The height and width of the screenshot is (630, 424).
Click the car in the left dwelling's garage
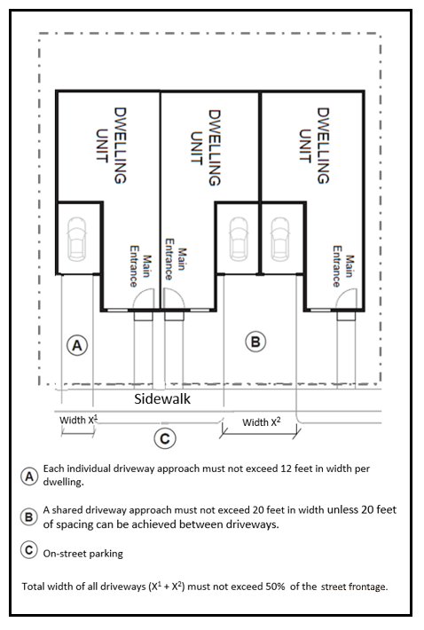pos(76,240)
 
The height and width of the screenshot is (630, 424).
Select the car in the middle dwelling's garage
pos(239,240)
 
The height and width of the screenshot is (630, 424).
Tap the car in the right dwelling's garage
pos(279,240)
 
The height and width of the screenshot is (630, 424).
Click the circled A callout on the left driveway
pos(77,345)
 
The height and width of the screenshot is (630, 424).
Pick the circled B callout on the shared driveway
pos(255,342)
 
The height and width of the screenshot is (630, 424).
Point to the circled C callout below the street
pos(165,438)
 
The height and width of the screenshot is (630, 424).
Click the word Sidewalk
pos(162,398)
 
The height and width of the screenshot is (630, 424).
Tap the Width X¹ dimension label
pos(79,420)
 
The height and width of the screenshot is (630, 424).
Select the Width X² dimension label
pos(262,421)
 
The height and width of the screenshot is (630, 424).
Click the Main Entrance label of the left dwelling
pos(140,266)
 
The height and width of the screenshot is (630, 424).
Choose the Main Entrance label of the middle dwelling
pos(176,259)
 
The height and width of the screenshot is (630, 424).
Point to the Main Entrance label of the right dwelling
pos(343,266)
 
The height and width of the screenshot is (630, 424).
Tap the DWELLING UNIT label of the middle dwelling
pos(205,148)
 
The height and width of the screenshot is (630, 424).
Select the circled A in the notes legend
pos(29,476)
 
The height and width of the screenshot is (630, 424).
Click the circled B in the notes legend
pos(29,516)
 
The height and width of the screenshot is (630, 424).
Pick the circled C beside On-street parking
pos(29,549)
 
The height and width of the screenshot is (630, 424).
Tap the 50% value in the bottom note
pos(275,587)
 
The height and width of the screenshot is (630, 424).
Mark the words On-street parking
pos(83,554)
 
